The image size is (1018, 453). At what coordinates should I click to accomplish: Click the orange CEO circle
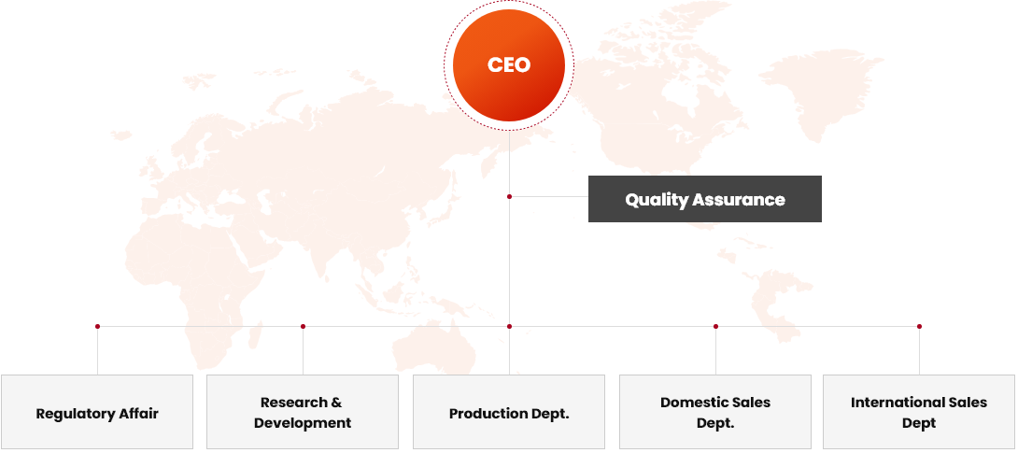(509, 64)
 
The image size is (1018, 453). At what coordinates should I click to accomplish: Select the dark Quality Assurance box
(705, 199)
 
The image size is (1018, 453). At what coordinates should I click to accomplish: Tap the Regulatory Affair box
(97, 412)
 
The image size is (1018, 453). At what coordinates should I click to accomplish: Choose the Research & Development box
(303, 412)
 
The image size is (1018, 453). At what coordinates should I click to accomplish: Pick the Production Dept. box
(509, 412)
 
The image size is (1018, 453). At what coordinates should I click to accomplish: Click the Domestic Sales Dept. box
(715, 412)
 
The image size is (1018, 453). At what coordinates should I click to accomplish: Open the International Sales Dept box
(919, 412)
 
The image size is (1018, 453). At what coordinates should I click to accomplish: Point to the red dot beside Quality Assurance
(510, 197)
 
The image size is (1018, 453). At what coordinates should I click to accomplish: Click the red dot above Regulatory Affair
(97, 327)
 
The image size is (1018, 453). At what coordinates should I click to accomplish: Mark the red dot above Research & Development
(304, 327)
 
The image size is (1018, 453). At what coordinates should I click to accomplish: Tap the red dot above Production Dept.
(510, 327)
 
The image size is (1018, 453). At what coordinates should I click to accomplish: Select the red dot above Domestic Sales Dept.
(716, 327)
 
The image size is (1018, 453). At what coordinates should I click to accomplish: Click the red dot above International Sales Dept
(919, 327)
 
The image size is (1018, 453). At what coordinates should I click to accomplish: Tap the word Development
(303, 424)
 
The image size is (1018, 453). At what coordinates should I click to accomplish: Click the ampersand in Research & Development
(336, 403)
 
